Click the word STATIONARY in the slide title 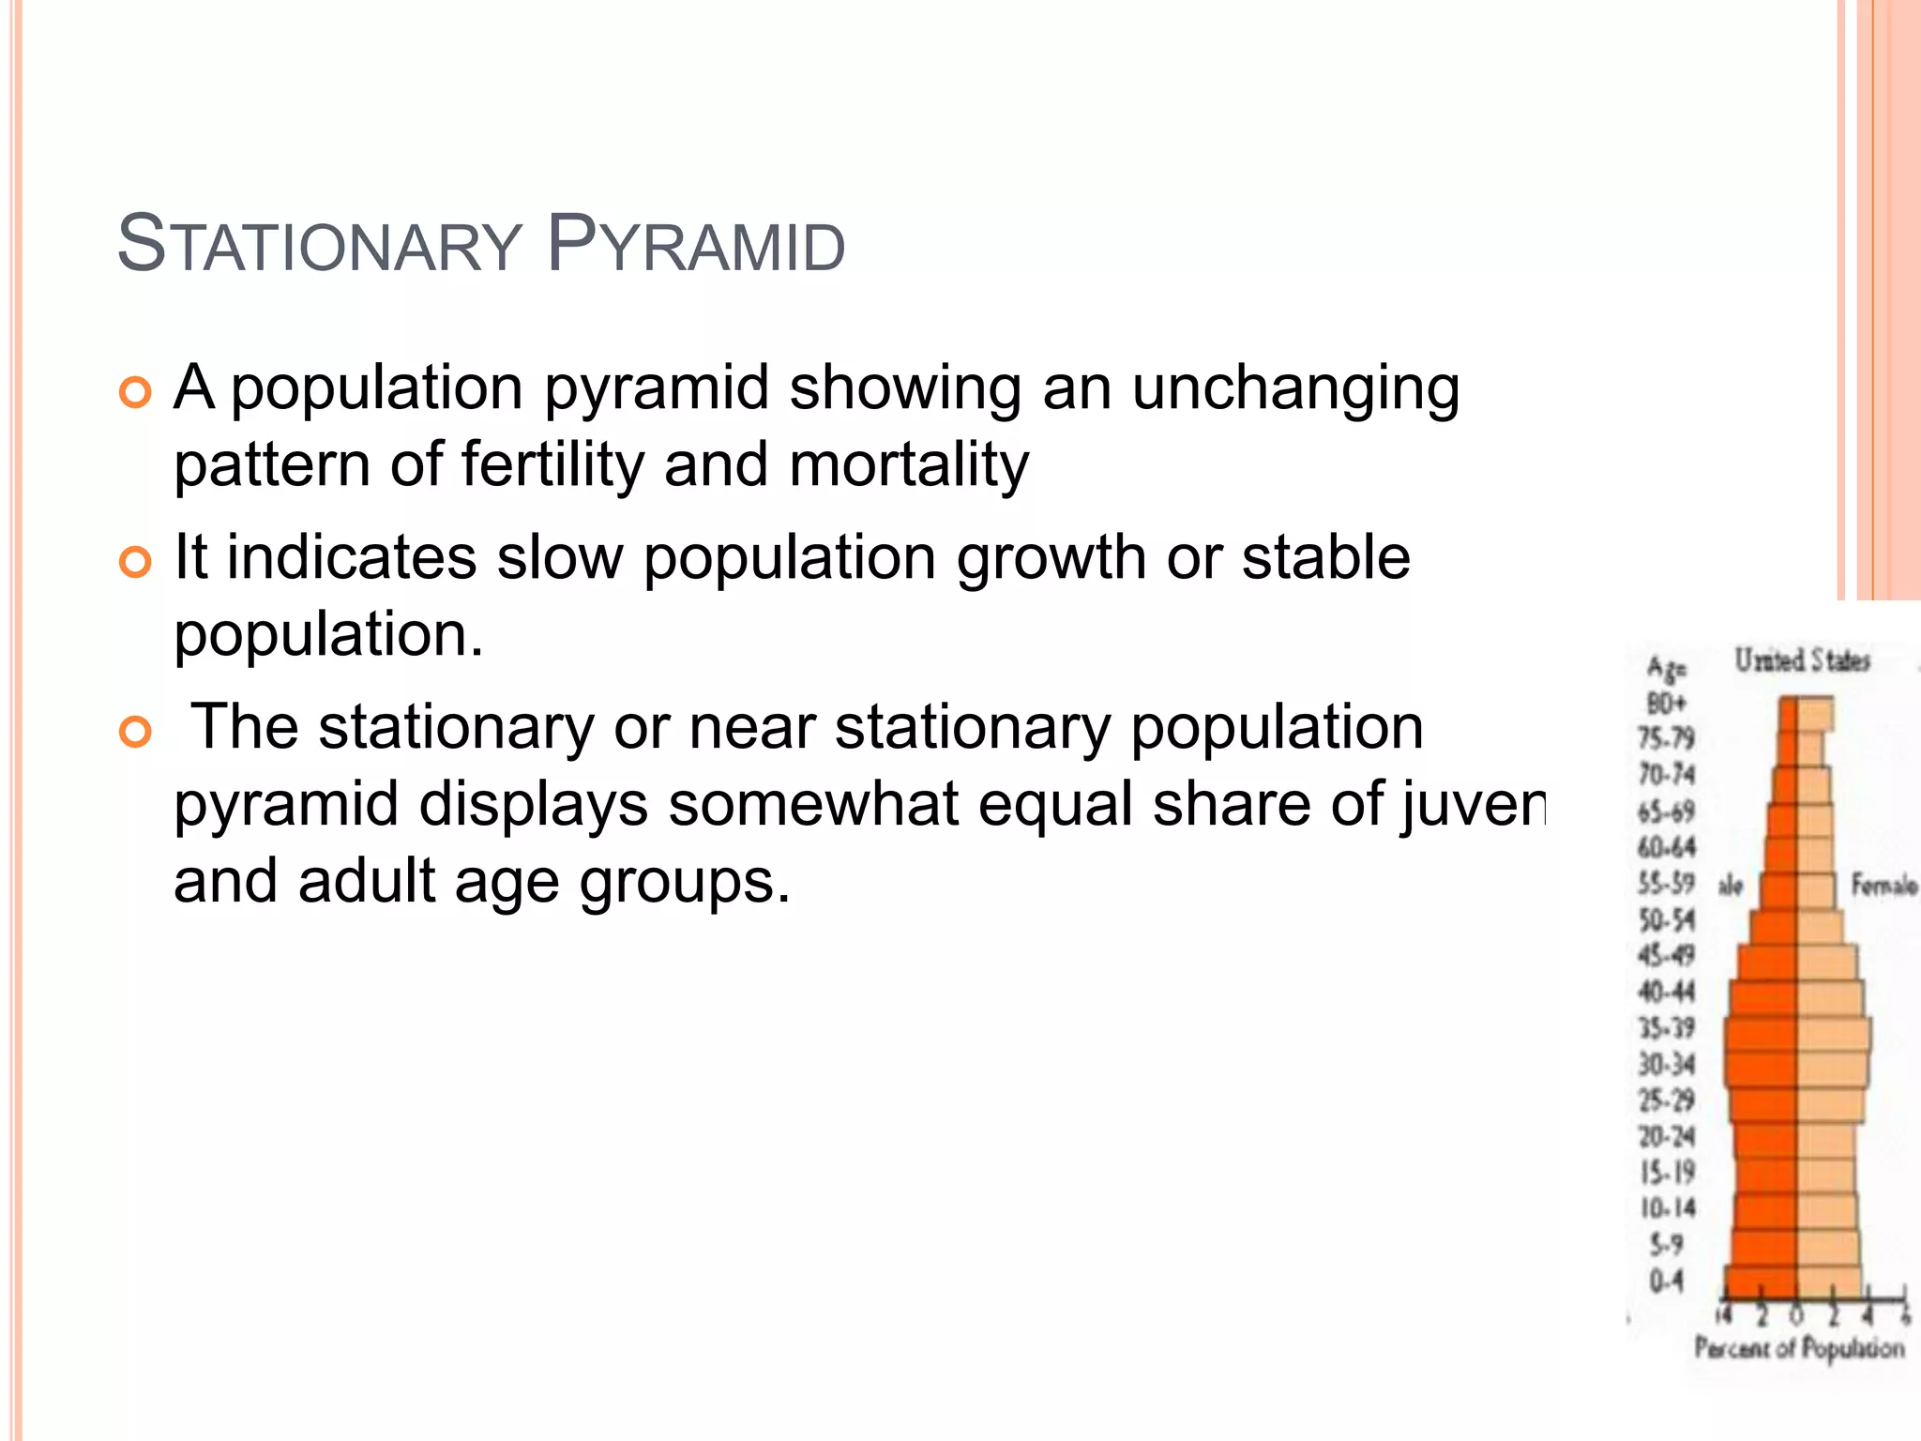[x=319, y=245]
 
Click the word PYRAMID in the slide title [x=695, y=245]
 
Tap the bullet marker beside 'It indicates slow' [x=136, y=562]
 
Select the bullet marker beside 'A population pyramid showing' [x=136, y=392]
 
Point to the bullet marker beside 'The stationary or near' [x=136, y=732]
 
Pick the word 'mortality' [x=908, y=464]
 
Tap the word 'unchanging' [x=1295, y=388]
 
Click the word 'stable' [x=1325, y=556]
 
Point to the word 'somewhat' [x=813, y=804]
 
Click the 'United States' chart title [x=1802, y=660]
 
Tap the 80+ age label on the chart [x=1667, y=703]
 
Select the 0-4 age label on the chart [x=1667, y=1281]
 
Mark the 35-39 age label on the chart [x=1667, y=1028]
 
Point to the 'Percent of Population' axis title [x=1799, y=1348]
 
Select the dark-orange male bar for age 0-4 [x=1762, y=1281]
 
